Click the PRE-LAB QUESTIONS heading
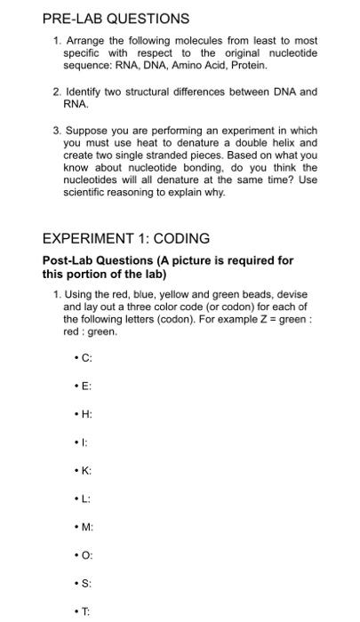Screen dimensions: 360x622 tap(116, 18)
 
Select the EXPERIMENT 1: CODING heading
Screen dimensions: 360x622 tap(126, 238)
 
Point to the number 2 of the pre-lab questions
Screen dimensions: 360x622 tap(56, 92)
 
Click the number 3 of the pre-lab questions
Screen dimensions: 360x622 tap(56, 130)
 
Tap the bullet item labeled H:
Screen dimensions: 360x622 tap(85, 414)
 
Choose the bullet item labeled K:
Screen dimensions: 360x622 tap(85, 470)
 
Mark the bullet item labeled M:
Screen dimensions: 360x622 tap(86, 526)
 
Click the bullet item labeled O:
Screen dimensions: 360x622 tap(86, 554)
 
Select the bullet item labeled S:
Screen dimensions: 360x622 tap(85, 583)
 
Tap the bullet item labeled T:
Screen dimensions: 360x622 tap(85, 611)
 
